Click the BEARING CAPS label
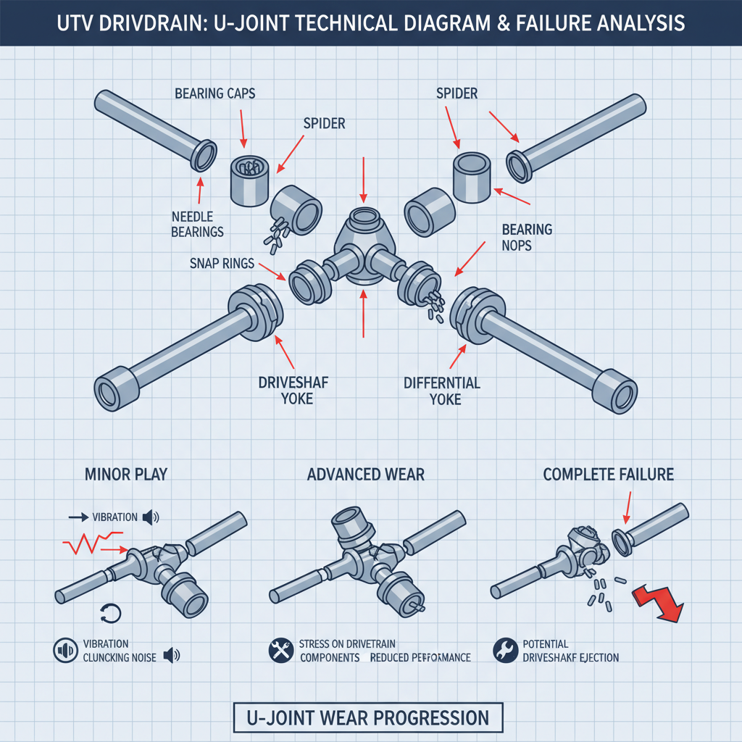pos(214,94)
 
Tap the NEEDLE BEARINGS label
pos(198,223)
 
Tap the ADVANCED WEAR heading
pos(366,475)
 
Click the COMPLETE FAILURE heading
pos(609,475)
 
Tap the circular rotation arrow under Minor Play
pos(114,614)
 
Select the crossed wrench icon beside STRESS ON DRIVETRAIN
pos(280,650)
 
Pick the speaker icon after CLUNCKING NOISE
pos(171,656)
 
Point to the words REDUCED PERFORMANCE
pos(420,657)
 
